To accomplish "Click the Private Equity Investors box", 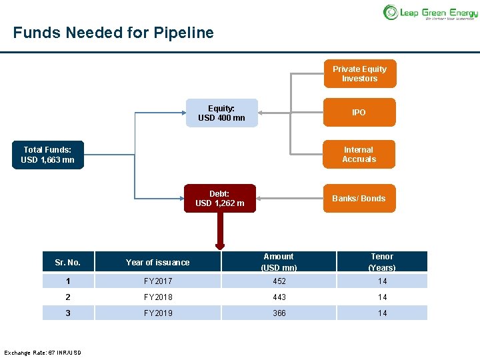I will tap(359, 74).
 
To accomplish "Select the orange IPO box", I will tap(359, 113).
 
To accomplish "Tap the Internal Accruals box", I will tap(359, 155).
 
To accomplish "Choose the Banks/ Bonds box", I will tap(359, 199).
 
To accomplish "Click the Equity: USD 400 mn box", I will tap(221, 113).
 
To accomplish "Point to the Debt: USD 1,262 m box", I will tap(219, 199).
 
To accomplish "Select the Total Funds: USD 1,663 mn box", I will tap(48, 155).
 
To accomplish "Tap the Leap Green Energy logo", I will tap(429, 12).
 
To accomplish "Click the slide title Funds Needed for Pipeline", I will tap(113, 33).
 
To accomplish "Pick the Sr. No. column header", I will tap(67, 262).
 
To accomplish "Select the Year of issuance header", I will tap(157, 262).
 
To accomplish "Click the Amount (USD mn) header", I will tap(279, 261).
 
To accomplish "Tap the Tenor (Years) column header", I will tap(382, 261).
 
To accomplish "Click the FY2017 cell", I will tap(157, 281).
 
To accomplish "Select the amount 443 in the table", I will tap(279, 297).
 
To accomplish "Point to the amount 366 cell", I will tap(279, 313).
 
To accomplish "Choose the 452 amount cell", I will tap(279, 281).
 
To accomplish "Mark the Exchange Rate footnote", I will tap(43, 352).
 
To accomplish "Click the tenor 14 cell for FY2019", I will tap(382, 313).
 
